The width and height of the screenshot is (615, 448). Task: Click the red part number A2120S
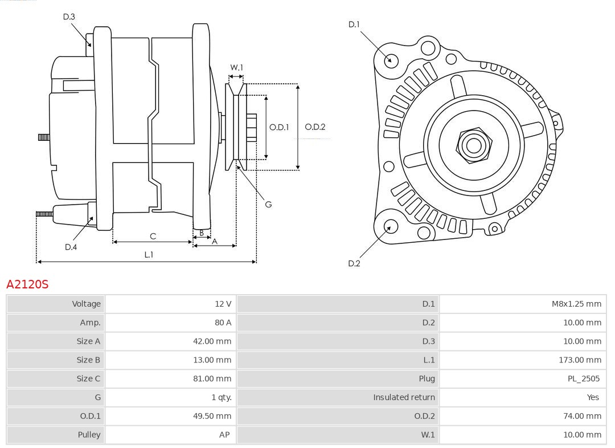click(x=27, y=284)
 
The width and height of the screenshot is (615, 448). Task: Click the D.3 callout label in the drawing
click(x=69, y=17)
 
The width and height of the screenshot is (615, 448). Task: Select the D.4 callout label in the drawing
click(x=71, y=247)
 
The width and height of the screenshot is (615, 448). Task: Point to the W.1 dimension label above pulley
click(x=236, y=68)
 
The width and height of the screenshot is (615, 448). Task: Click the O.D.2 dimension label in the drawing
click(x=315, y=127)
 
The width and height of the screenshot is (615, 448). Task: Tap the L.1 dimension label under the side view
click(x=149, y=255)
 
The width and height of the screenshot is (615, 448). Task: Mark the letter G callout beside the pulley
click(x=268, y=204)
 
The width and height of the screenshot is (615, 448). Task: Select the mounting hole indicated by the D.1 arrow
click(x=391, y=60)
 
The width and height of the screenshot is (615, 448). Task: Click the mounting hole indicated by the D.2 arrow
click(x=389, y=227)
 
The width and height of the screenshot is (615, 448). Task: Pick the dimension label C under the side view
click(x=153, y=236)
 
